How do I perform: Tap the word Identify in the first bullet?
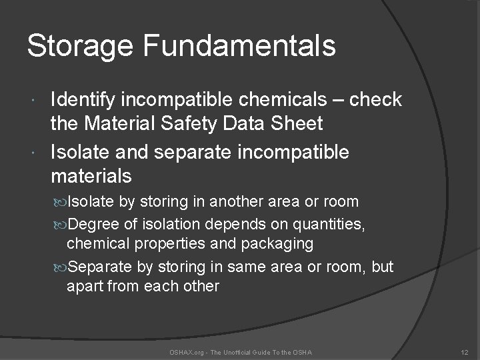click(x=85, y=100)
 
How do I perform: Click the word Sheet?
click(x=299, y=123)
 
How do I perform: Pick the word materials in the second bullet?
click(x=91, y=177)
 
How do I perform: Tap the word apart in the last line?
click(x=85, y=286)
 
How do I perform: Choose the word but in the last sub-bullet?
click(x=383, y=267)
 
